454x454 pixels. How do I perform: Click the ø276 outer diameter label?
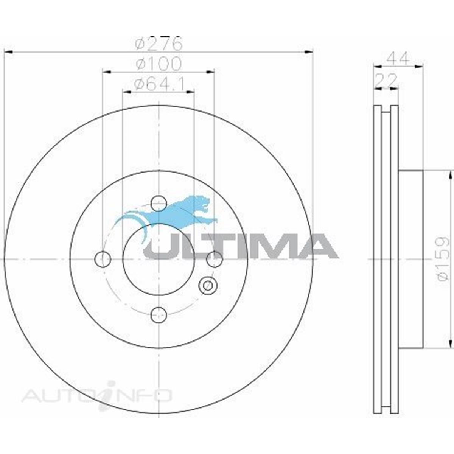point(159,44)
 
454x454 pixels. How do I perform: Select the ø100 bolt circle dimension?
point(159,64)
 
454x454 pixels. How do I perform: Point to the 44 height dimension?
point(398,59)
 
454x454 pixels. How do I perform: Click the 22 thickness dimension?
point(386,80)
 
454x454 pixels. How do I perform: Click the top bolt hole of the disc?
point(159,204)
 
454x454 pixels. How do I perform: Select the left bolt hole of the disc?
point(103,259)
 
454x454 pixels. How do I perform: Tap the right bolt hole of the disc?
point(214,259)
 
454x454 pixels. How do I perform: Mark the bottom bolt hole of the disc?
point(159,314)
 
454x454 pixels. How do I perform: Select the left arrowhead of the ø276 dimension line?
point(8,51)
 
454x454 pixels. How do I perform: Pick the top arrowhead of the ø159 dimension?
point(450,174)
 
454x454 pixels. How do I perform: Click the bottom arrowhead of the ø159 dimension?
point(450,343)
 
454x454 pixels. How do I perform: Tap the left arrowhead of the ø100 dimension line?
point(106,71)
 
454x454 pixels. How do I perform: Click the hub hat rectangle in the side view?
point(411,259)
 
